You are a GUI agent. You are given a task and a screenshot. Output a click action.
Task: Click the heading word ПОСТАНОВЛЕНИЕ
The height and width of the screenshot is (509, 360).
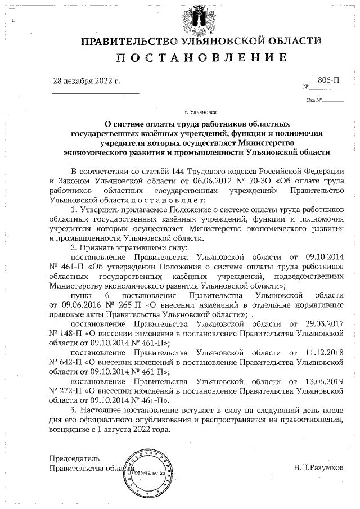coord(201,58)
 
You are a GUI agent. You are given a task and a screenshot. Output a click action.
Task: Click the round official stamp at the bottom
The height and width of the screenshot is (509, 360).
coord(148,471)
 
